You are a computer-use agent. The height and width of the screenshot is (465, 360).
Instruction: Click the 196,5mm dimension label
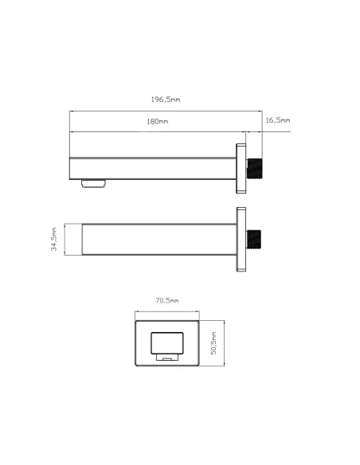pyautogui.click(x=166, y=100)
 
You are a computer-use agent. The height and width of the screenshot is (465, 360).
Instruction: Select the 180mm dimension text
pyautogui.click(x=158, y=121)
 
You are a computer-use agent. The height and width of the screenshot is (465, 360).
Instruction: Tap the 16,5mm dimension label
pyautogui.click(x=278, y=120)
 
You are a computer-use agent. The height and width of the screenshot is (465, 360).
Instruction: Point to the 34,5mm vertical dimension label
pyautogui.click(x=53, y=240)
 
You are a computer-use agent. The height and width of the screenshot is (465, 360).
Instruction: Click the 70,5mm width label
pyautogui.click(x=167, y=300)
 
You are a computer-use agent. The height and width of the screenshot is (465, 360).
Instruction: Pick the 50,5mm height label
pyautogui.click(x=213, y=343)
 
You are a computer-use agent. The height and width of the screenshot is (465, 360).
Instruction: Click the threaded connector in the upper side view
pyautogui.click(x=255, y=169)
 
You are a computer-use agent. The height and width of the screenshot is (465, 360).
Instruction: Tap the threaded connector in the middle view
pyautogui.click(x=254, y=239)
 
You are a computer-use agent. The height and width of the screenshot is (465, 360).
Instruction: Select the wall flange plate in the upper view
pyautogui.click(x=241, y=169)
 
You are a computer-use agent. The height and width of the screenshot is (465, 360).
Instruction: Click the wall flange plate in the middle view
pyautogui.click(x=241, y=240)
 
